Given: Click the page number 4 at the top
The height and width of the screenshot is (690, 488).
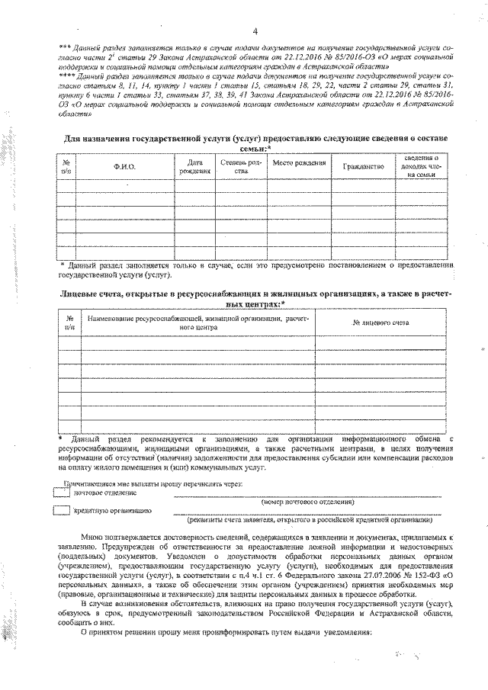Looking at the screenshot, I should tap(255, 30).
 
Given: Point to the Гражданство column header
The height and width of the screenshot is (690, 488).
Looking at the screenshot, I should tap(363, 165).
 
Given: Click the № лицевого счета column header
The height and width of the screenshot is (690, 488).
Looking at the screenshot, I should tap(381, 323).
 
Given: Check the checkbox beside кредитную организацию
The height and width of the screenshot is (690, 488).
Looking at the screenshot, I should tap(62, 509).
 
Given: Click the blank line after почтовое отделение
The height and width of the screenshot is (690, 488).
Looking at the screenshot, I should tap(305, 496).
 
